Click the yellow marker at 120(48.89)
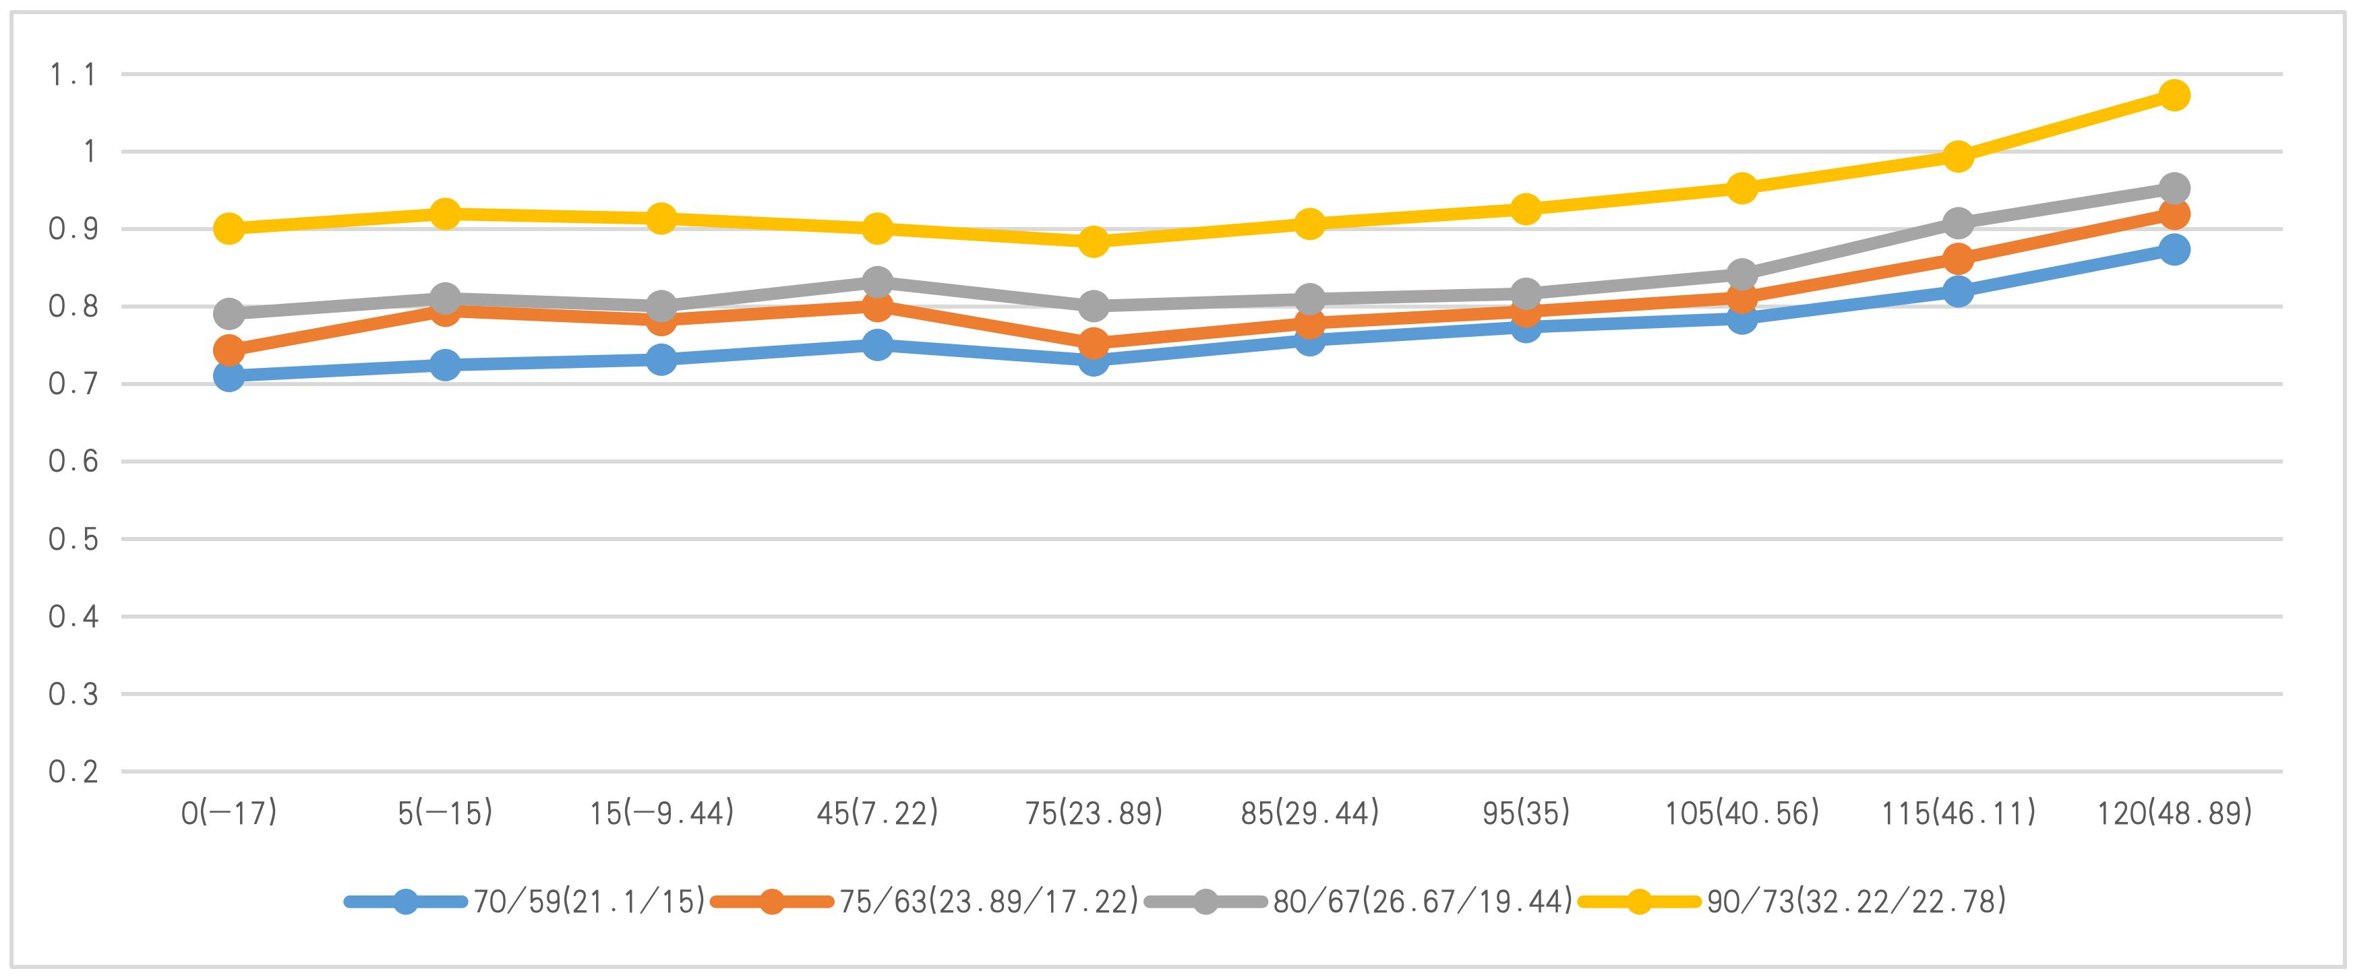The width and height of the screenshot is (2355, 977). pyautogui.click(x=2174, y=95)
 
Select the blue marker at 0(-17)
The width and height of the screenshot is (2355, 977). pyautogui.click(x=229, y=375)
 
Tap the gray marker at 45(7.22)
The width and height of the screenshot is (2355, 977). pyautogui.click(x=876, y=282)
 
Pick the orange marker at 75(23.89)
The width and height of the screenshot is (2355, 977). pyautogui.click(x=1094, y=344)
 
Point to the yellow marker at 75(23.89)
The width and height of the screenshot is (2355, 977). pyautogui.click(x=1094, y=242)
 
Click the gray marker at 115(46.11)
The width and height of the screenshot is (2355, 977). pyautogui.click(x=1959, y=223)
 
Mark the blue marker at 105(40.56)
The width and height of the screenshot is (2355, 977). pyautogui.click(x=1741, y=319)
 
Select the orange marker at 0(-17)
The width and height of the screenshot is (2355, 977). pyautogui.click(x=229, y=350)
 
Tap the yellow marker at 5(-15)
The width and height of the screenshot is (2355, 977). pyautogui.click(x=445, y=214)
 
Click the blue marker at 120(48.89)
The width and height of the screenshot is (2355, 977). pyautogui.click(x=2174, y=249)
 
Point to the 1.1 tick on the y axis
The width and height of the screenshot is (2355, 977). pyautogui.click(x=72, y=75)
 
